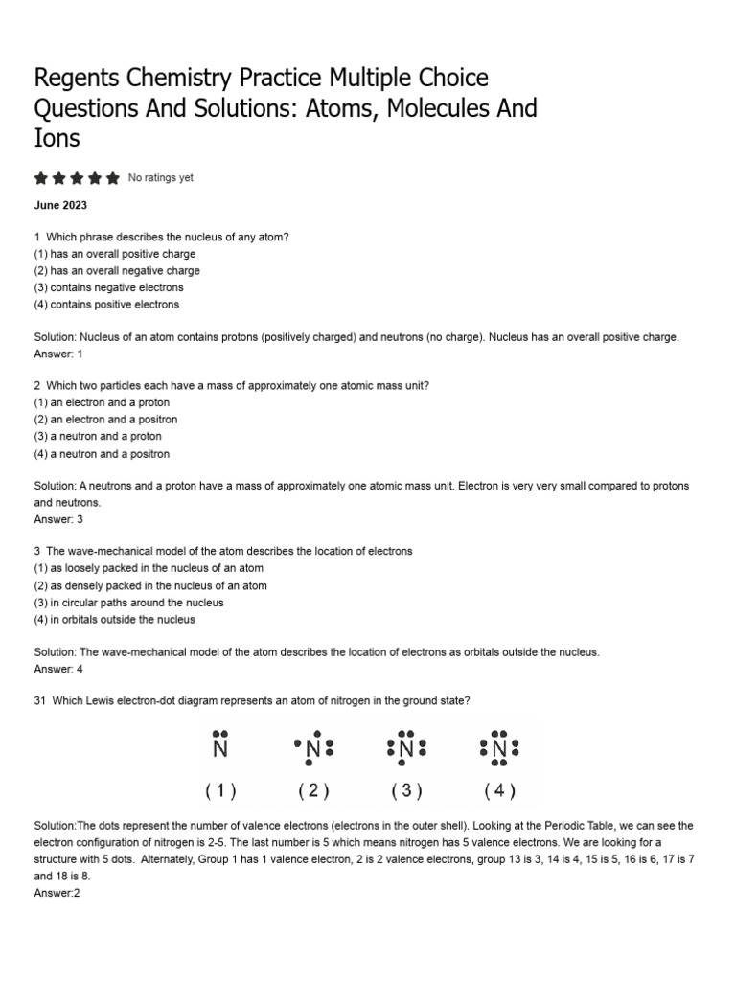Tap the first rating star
(40, 178)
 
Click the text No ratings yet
(161, 178)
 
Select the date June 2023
(60, 205)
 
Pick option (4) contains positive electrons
(106, 305)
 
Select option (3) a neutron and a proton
(98, 437)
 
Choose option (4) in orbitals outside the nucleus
(114, 620)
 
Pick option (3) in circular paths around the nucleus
(128, 603)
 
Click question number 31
(40, 701)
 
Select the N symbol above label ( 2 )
(313, 751)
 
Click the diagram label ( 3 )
(406, 791)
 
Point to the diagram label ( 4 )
(499, 791)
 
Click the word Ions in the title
(57, 138)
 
